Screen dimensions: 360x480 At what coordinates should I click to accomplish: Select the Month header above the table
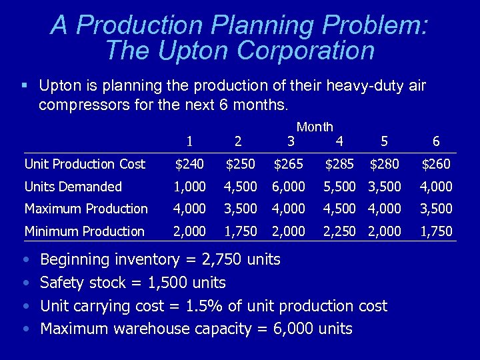point(315,127)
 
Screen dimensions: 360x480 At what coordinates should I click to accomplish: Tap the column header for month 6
point(436,141)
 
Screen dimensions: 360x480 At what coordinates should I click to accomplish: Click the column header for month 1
point(190,141)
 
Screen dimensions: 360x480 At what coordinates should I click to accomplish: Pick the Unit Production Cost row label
point(85,164)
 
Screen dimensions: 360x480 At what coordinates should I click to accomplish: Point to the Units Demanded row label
point(73,187)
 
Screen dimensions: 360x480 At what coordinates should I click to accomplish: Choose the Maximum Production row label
point(86,209)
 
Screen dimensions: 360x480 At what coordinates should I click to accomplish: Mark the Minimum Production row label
point(85,231)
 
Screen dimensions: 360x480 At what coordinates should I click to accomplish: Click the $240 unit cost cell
point(190,164)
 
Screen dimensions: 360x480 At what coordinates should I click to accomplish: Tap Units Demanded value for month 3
point(289,187)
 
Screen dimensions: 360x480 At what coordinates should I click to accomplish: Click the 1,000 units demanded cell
point(190,187)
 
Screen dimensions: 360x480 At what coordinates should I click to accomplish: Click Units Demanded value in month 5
point(385,187)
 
